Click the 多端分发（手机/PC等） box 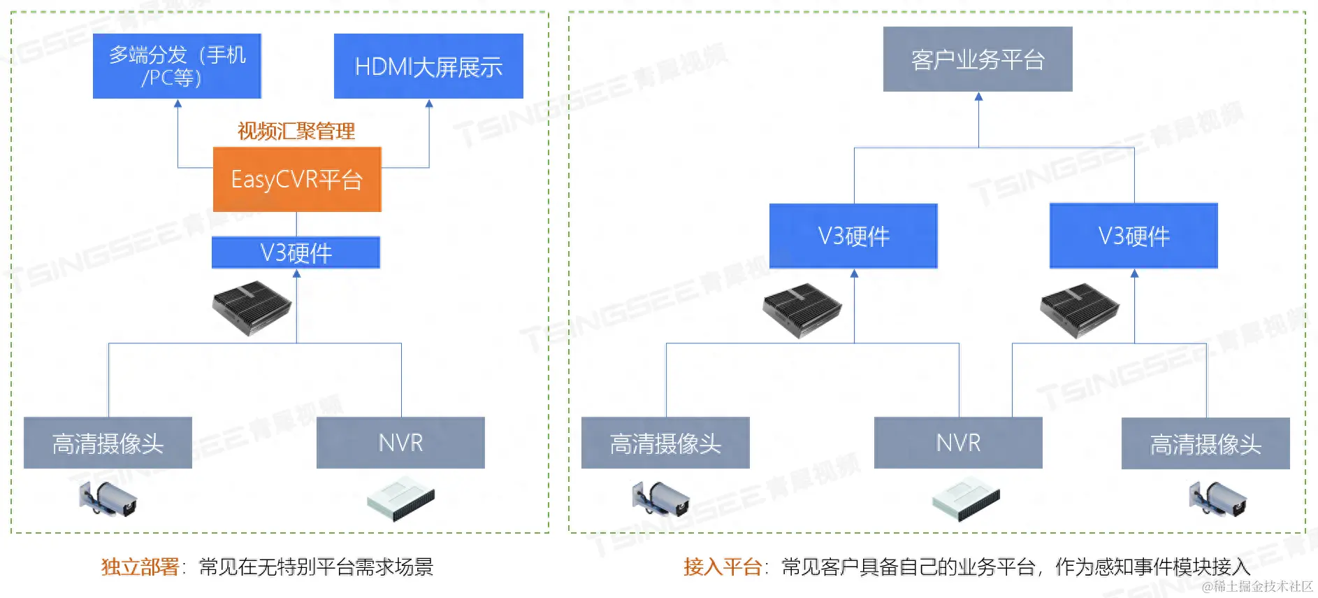(177, 66)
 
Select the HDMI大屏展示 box (428, 66)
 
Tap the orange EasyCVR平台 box (297, 179)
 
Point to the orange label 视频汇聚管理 (296, 131)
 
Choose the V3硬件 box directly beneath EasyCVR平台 (296, 252)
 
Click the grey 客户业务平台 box (978, 59)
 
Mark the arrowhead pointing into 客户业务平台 (978, 97)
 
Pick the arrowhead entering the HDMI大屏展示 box (429, 104)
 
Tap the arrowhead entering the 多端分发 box (178, 104)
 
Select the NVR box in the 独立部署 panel (400, 443)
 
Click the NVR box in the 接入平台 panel (958, 443)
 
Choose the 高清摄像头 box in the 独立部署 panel (108, 443)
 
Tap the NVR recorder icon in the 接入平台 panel (966, 499)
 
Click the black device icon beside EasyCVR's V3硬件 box (252, 307)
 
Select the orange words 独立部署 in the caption (140, 567)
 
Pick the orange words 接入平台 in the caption (722, 567)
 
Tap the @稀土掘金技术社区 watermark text (1257, 586)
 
